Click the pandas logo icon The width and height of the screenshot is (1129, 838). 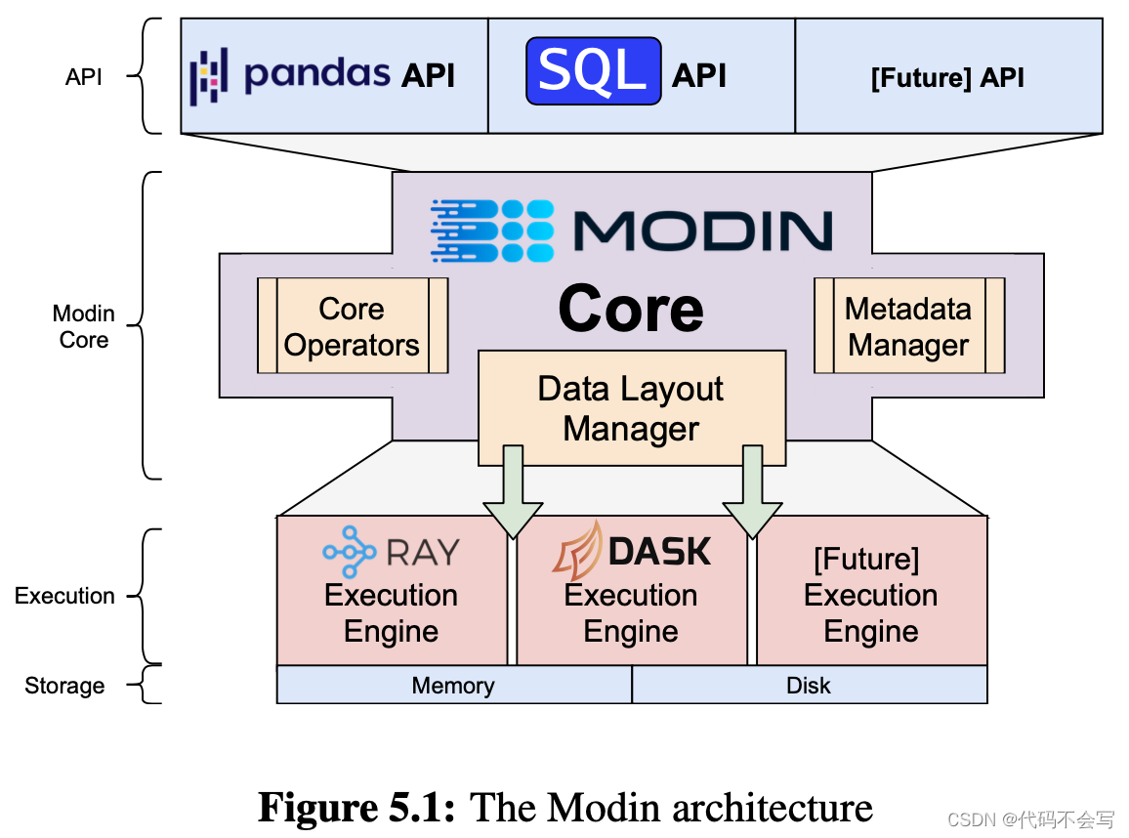[x=209, y=76]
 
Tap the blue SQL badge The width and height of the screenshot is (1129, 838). [x=593, y=71]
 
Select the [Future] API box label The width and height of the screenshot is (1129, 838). [x=946, y=77]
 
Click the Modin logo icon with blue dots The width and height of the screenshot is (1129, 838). [x=492, y=231]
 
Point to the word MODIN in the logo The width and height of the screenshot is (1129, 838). [x=703, y=231]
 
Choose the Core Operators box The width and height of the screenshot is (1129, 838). [x=353, y=325]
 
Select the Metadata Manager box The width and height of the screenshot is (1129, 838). [x=909, y=325]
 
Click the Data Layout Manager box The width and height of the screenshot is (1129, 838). [x=632, y=407]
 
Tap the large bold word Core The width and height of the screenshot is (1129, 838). [x=631, y=309]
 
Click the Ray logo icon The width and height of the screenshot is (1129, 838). [x=350, y=552]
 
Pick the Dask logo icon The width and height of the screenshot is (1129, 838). [x=577, y=552]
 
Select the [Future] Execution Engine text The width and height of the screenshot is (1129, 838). [x=870, y=595]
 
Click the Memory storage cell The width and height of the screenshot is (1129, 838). [x=454, y=685]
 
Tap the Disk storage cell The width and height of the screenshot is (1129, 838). [x=810, y=685]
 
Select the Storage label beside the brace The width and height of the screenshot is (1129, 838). [x=64, y=686]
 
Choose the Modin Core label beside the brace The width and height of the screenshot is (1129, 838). [x=84, y=326]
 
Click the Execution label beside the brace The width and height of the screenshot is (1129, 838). [x=64, y=596]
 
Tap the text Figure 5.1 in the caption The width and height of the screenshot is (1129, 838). [x=357, y=808]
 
